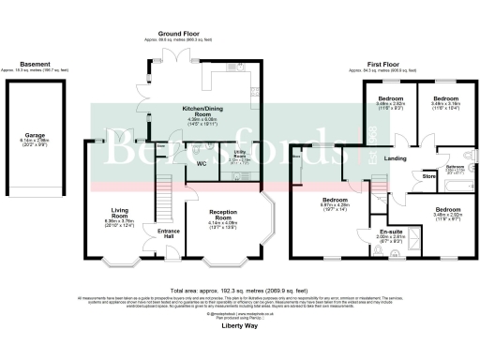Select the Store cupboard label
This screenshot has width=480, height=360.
tap(429, 175)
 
